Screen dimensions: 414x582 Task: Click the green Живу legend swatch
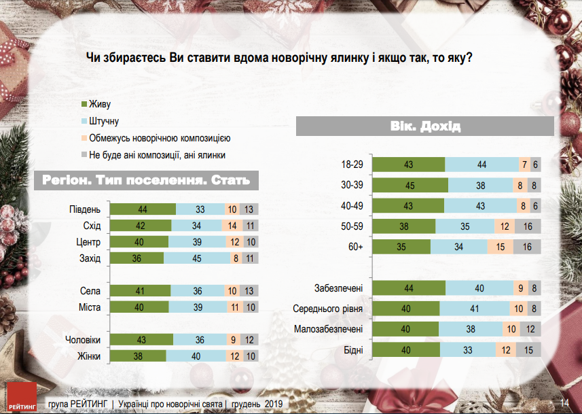click(x=84, y=105)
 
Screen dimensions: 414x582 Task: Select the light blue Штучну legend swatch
click(x=84, y=122)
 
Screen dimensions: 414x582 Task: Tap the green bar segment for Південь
click(x=143, y=209)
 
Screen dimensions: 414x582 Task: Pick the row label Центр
click(x=89, y=242)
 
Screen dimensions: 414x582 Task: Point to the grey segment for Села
click(x=251, y=291)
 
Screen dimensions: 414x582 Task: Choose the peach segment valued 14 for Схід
click(x=231, y=226)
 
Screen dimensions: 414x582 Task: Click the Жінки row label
click(x=88, y=356)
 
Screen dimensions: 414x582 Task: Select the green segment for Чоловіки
click(x=141, y=340)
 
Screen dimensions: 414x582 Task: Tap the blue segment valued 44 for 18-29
click(x=481, y=165)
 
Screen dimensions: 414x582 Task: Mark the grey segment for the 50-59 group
click(x=528, y=226)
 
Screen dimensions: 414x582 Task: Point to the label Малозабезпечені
click(x=329, y=330)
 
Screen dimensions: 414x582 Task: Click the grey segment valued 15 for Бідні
click(x=528, y=351)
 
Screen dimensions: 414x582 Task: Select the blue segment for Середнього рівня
click(x=474, y=309)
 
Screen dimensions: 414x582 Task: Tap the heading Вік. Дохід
click(x=426, y=126)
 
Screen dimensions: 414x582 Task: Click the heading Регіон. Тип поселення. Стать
click(x=141, y=181)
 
